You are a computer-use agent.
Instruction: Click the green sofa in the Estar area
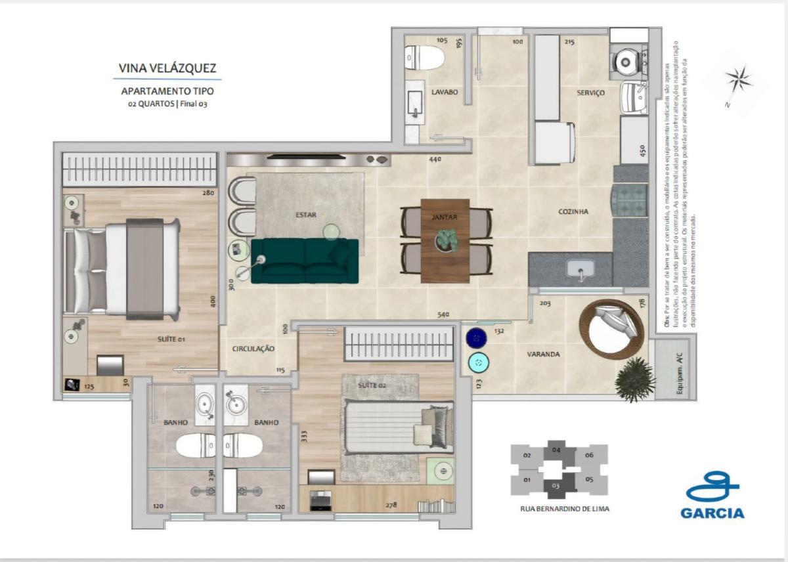305,261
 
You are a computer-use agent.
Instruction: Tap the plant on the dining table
446,239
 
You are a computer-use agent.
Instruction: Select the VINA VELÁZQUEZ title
167,68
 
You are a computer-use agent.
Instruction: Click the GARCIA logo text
712,512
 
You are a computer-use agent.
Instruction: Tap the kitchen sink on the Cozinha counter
580,269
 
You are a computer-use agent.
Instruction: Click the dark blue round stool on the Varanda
475,338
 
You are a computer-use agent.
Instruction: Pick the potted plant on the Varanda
634,379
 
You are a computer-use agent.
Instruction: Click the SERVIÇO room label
591,93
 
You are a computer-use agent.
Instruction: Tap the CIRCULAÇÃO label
253,349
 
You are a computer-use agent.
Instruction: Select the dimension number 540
445,314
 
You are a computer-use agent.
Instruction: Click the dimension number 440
435,160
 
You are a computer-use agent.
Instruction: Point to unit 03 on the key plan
556,485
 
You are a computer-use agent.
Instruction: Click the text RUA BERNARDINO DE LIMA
560,508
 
